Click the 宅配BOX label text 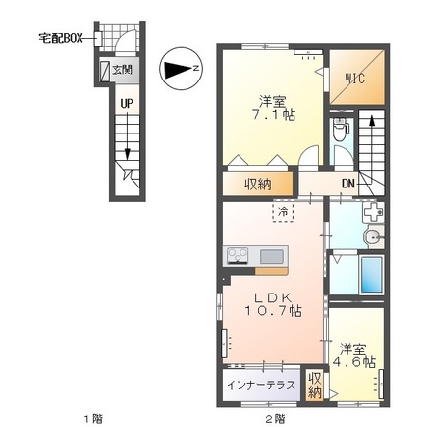61,39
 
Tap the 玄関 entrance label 122,70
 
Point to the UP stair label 127,104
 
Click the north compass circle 181,69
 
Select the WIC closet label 355,79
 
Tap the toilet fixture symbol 340,130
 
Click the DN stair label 347,184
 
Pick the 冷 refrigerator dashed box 283,212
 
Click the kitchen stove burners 238,255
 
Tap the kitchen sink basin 272,256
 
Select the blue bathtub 371,274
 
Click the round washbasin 373,237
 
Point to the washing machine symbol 373,213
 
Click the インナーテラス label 261,385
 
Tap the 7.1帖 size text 273,115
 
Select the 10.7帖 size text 273,311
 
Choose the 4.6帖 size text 353,362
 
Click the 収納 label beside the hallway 258,185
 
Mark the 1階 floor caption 94,418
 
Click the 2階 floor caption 275,418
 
